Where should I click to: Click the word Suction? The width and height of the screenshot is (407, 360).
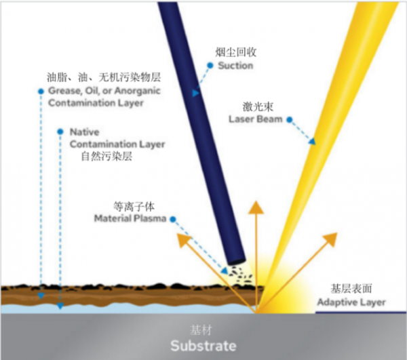click(x=235, y=66)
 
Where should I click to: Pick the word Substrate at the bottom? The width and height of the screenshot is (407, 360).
click(x=203, y=346)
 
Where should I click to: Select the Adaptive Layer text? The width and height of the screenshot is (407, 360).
click(x=352, y=302)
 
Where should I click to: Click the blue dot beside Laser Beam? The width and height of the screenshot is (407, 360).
click(x=288, y=120)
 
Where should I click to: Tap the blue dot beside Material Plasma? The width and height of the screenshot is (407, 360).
click(x=173, y=219)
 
